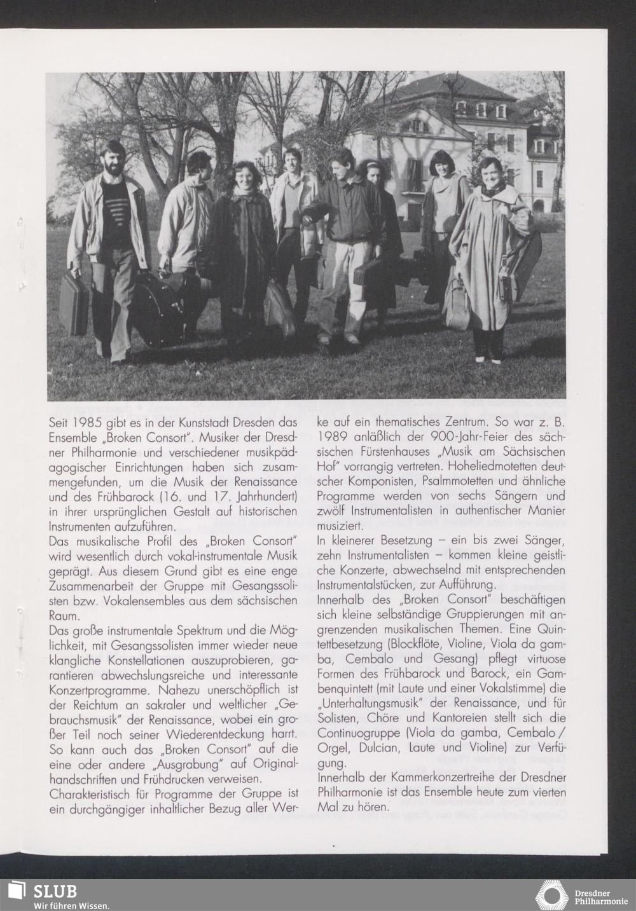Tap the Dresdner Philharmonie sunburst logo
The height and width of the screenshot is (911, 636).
coord(551,895)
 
